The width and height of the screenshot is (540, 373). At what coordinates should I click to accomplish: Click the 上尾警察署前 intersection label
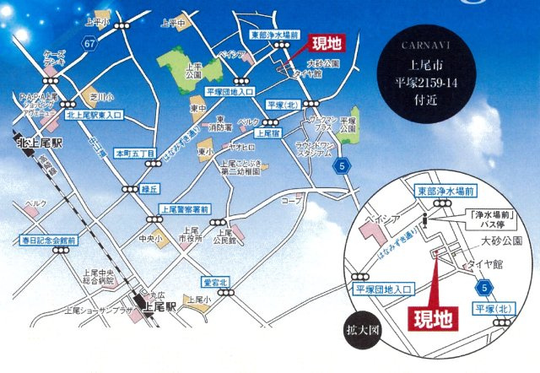point(181,208)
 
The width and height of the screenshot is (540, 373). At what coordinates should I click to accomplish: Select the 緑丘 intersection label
point(149,189)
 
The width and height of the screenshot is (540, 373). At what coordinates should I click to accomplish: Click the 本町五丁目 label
point(135,154)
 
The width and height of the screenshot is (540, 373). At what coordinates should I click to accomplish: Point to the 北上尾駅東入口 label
point(94,114)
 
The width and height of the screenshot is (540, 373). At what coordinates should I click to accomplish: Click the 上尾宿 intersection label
point(267,132)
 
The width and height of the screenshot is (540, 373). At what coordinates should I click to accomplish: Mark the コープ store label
point(291,201)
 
